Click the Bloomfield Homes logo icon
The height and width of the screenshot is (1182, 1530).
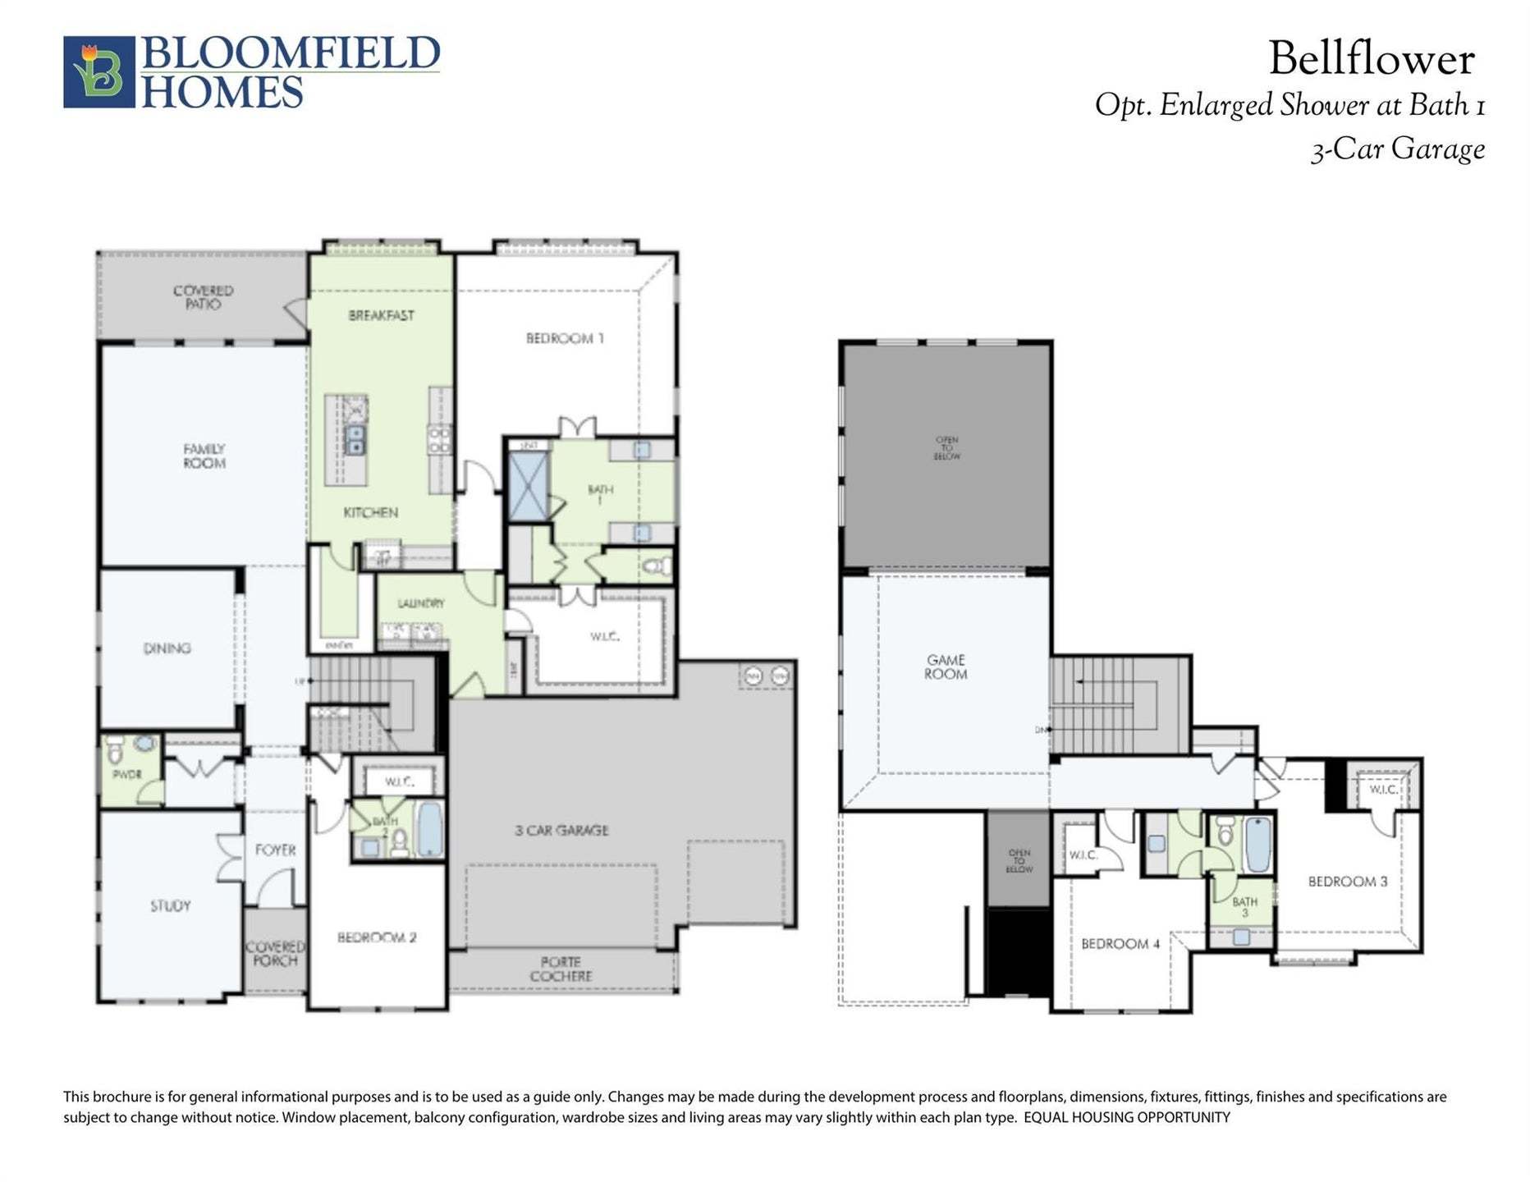pyautogui.click(x=98, y=71)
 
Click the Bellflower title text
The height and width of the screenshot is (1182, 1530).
pyautogui.click(x=1371, y=59)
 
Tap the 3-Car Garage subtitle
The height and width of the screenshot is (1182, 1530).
pyautogui.click(x=1397, y=149)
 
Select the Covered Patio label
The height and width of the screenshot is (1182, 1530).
pyautogui.click(x=203, y=297)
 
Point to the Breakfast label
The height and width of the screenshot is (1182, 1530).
pyautogui.click(x=381, y=315)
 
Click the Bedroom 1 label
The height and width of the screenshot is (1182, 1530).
pyautogui.click(x=565, y=338)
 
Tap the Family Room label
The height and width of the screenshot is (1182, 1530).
pyautogui.click(x=204, y=456)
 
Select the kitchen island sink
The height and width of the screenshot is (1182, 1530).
pyautogui.click(x=355, y=439)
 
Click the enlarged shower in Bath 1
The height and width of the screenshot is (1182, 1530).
pyautogui.click(x=528, y=486)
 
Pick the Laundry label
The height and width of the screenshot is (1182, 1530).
pyautogui.click(x=420, y=603)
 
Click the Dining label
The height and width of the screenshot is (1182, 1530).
pyautogui.click(x=167, y=648)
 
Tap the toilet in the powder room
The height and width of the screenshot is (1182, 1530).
pyautogui.click(x=115, y=749)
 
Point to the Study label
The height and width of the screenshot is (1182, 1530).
pyautogui.click(x=170, y=905)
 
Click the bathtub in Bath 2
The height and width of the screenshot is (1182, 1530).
pyautogui.click(x=430, y=829)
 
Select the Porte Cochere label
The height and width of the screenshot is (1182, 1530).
pyautogui.click(x=561, y=969)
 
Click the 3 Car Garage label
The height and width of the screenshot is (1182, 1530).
pyautogui.click(x=561, y=830)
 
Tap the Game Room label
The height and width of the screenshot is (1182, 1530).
pyautogui.click(x=946, y=667)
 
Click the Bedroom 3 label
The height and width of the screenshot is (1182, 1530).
pyautogui.click(x=1347, y=882)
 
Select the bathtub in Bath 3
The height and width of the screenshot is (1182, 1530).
pyautogui.click(x=1257, y=844)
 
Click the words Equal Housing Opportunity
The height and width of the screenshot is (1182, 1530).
pyautogui.click(x=1126, y=1117)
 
